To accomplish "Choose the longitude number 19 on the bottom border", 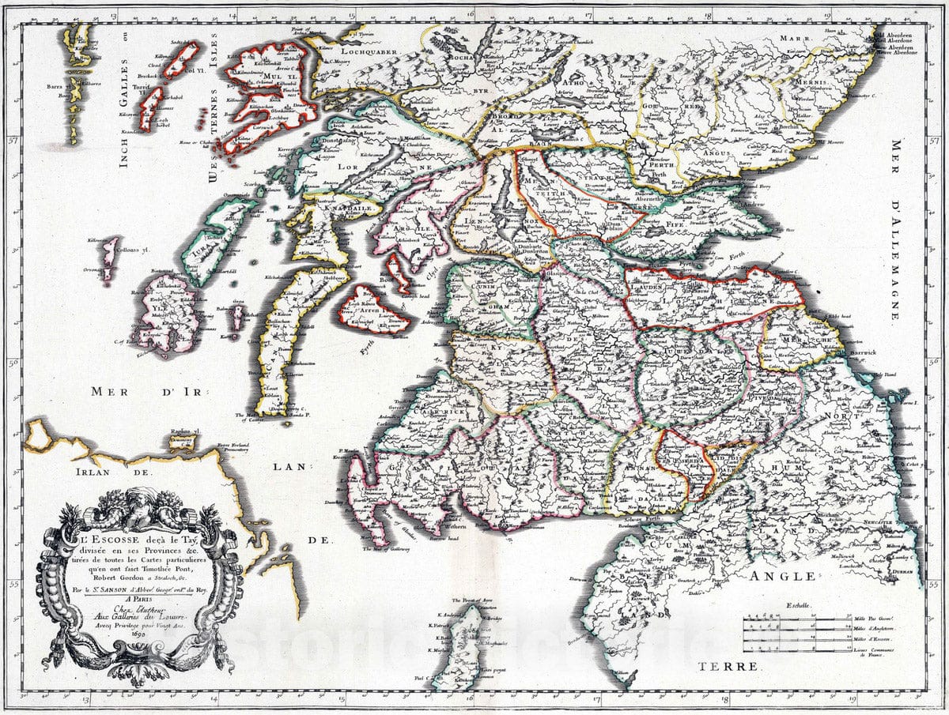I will pos(853,698).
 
